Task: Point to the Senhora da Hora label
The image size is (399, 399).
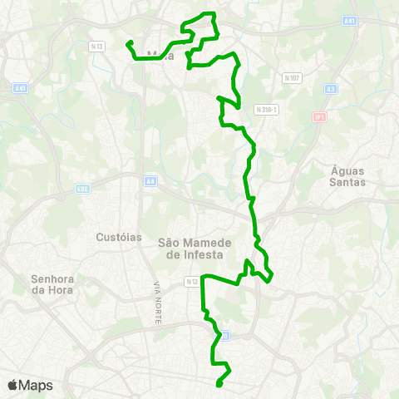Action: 52,283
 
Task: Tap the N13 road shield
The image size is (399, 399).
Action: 98,47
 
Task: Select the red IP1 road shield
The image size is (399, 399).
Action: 318,117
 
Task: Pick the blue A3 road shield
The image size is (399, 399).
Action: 331,88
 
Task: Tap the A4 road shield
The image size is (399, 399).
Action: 150,180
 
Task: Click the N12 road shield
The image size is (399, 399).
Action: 191,282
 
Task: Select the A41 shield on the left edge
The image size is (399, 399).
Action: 21,87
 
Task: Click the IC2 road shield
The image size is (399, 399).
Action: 82,188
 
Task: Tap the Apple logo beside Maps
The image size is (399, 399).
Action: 12,385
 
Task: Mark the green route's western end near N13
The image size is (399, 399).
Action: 128,43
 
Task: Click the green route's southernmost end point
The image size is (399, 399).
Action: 218,384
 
